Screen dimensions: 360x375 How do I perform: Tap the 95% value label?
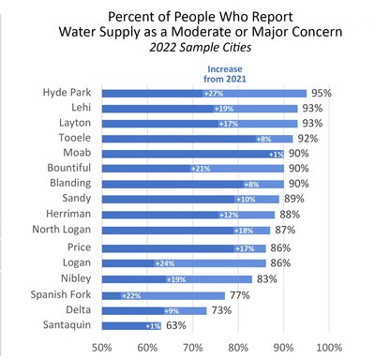tap(322, 94)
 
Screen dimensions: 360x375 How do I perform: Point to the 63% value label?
tap(175, 325)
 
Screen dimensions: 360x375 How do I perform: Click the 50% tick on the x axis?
tap(101, 348)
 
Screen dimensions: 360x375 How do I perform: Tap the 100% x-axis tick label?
tap(328, 348)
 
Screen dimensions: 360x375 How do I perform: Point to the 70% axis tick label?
tap(192, 348)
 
